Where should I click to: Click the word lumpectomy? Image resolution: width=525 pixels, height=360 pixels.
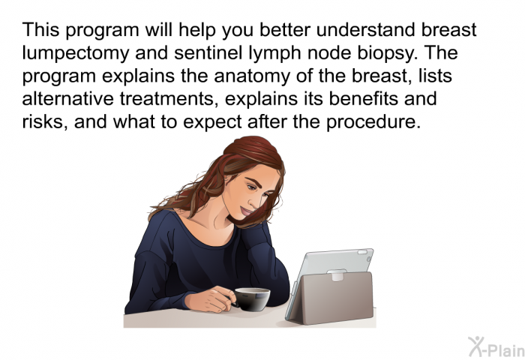[75, 54]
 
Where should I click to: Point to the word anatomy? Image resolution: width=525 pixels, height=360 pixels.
[252, 76]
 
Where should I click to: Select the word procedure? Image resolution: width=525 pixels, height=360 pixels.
[373, 122]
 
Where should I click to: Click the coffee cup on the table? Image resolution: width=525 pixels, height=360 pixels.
[251, 299]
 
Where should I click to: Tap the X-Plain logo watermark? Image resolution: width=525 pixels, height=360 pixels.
[496, 346]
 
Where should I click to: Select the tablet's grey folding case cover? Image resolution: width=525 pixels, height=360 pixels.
[331, 298]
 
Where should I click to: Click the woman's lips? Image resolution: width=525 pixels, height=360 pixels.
[246, 211]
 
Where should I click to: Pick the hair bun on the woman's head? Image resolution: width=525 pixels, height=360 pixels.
[252, 149]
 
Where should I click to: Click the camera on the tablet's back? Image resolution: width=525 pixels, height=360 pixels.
[369, 259]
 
